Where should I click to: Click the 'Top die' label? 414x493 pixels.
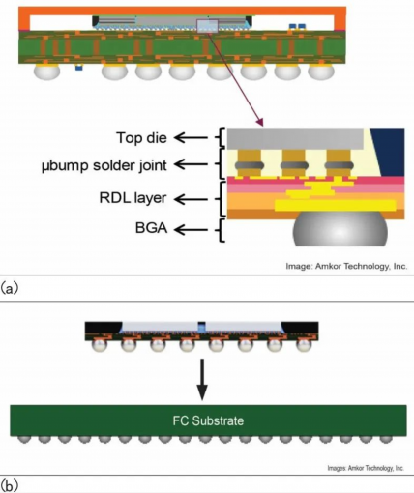pyautogui.click(x=141, y=138)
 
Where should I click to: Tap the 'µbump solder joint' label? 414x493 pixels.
pyautogui.click(x=104, y=165)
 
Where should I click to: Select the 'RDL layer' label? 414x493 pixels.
pyautogui.click(x=133, y=198)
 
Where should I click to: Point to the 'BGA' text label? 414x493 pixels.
pyautogui.click(x=151, y=228)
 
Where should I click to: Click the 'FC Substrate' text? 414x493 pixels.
pyautogui.click(x=208, y=420)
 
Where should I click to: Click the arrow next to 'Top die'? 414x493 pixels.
pyautogui.click(x=191, y=138)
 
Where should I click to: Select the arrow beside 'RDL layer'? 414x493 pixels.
pyautogui.click(x=191, y=199)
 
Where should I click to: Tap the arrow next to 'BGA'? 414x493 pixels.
pyautogui.click(x=191, y=230)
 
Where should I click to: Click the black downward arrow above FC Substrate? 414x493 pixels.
pyautogui.click(x=202, y=379)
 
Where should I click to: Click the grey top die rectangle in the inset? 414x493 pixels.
pyautogui.click(x=295, y=138)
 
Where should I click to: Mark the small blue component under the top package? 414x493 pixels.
pyautogui.click(x=78, y=68)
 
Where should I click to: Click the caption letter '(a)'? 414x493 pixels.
pyautogui.click(x=10, y=288)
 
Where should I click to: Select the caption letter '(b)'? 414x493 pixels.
pyautogui.click(x=10, y=485)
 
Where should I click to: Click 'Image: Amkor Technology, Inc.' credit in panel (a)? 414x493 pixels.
pyautogui.click(x=346, y=267)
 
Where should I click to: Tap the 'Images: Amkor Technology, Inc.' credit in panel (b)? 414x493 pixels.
pyautogui.click(x=366, y=468)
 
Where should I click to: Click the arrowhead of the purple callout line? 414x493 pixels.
pyautogui.click(x=261, y=123)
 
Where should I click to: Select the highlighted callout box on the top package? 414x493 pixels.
pyautogui.click(x=208, y=26)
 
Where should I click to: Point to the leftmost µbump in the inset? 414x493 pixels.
pyautogui.click(x=249, y=164)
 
